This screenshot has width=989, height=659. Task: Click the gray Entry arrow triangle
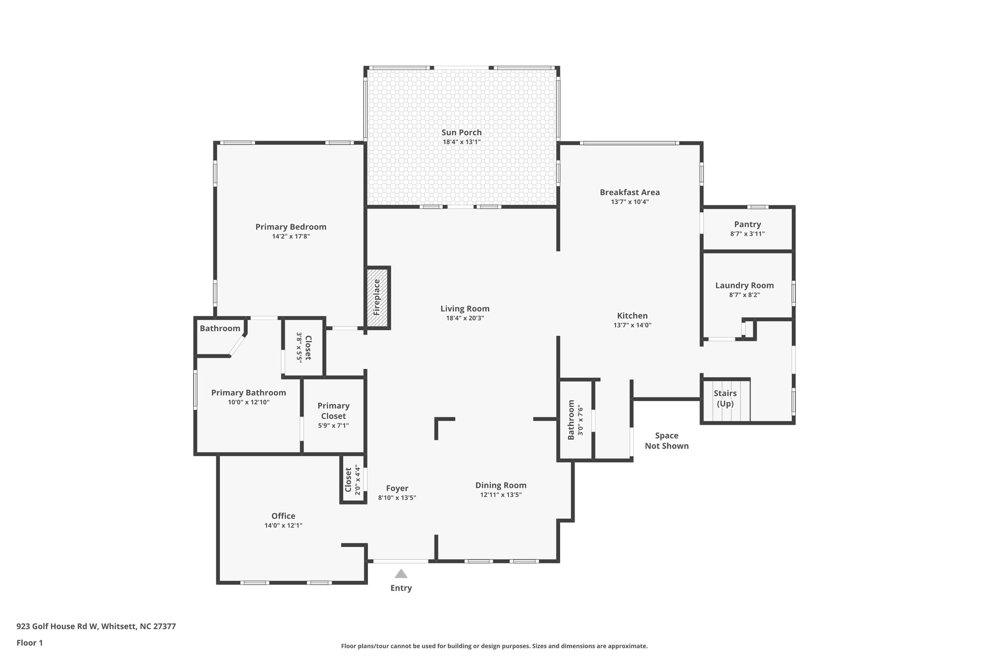point(401,574)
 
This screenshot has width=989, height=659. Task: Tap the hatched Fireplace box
point(377,297)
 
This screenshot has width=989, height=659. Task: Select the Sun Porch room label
point(461,132)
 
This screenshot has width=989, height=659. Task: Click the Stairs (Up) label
point(725,398)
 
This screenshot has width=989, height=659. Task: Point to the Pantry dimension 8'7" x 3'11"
point(747,234)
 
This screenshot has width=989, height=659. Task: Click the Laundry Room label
point(744,285)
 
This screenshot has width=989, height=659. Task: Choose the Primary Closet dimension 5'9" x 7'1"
point(333,426)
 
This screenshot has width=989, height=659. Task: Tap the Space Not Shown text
point(666,441)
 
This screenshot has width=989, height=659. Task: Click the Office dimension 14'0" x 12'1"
point(283,526)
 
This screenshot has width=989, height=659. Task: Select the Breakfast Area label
point(629,192)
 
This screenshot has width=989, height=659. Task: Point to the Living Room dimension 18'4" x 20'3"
point(465,318)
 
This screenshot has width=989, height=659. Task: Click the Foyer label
point(397,489)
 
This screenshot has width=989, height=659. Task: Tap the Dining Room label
point(500,485)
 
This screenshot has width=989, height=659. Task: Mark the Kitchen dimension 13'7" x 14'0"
point(632,325)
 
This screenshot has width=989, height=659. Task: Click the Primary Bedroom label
point(291,227)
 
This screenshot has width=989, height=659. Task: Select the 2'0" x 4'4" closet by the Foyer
point(353,480)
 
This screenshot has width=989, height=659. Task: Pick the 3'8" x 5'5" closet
point(304,347)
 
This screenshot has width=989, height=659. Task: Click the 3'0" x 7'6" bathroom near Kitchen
point(576,420)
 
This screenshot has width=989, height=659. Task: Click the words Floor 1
point(29,643)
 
